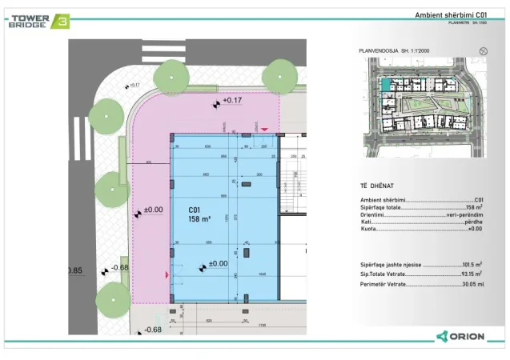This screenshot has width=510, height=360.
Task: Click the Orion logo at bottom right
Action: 460,336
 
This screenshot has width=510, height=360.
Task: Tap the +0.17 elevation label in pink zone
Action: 232,101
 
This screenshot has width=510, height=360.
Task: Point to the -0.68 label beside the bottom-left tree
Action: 120,267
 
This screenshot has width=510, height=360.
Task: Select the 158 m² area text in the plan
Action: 199,218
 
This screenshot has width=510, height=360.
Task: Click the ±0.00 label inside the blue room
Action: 218,263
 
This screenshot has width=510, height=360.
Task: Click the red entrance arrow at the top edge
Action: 265,128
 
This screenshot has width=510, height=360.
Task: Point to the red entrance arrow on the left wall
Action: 167,275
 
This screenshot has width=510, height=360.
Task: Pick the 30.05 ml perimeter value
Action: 470,285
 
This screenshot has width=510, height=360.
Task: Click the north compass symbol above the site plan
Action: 483,50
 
